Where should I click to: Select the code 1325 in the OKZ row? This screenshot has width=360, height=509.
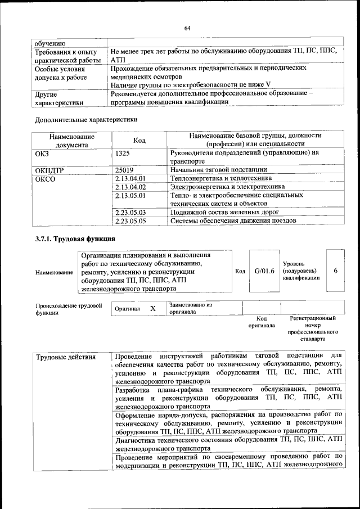point(123,152)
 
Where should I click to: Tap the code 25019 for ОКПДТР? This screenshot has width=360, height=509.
point(124,169)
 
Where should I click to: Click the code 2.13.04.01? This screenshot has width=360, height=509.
point(130,178)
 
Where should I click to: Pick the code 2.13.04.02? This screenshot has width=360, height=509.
point(130,187)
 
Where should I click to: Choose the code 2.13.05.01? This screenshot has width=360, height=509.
point(130,195)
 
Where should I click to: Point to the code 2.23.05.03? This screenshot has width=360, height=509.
point(130,212)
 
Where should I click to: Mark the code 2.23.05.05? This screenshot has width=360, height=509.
point(130,220)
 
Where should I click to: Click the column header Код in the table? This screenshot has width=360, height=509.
point(139,140)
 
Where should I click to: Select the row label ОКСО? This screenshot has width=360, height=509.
point(46,178)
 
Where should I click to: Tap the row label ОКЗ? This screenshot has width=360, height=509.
point(42,152)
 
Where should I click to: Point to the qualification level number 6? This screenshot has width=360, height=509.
point(335,271)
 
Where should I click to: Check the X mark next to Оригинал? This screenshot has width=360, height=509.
point(152,309)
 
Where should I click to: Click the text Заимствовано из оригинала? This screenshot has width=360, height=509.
point(190,308)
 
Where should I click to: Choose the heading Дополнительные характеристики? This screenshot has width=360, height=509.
point(86,119)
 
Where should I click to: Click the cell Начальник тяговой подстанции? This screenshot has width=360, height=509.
point(219,169)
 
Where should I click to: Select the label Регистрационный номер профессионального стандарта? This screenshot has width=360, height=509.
point(313,329)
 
